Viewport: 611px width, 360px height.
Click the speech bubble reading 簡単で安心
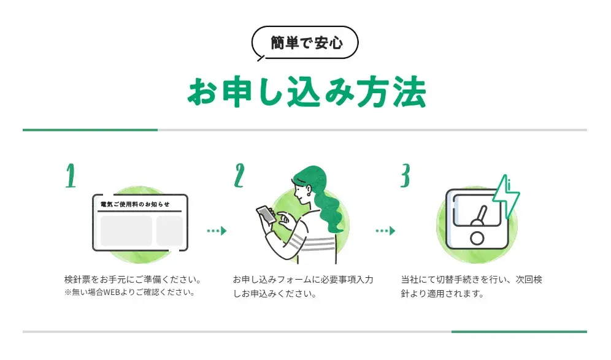305,43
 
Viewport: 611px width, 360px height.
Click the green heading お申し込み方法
305,93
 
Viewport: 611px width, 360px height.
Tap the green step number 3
405,175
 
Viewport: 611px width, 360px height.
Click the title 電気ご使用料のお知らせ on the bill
135,204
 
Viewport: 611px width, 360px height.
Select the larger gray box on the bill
126,231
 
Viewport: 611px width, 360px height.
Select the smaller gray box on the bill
169,231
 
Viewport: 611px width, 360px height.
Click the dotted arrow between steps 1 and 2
217,231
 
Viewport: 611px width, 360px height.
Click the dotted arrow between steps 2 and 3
385,231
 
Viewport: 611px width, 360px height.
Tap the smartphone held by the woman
267,214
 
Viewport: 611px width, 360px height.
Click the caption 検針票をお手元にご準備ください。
133,280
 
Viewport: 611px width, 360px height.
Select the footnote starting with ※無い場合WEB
129,293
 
